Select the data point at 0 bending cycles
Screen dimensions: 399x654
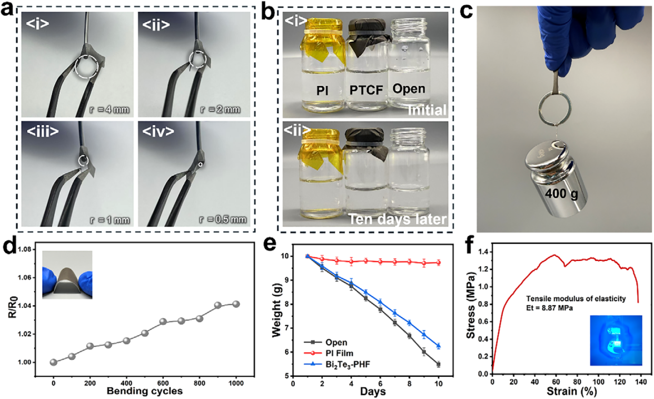[x=53, y=362]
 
